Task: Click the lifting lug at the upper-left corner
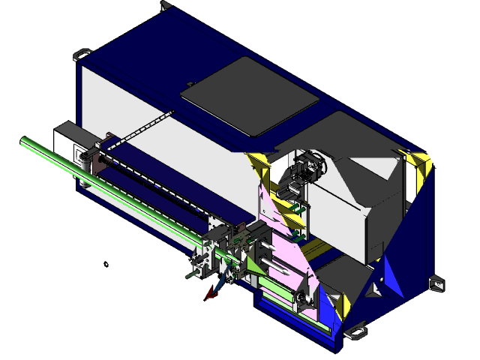coord(82,55)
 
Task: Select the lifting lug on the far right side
coord(436,283)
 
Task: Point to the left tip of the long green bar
coord(24,141)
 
